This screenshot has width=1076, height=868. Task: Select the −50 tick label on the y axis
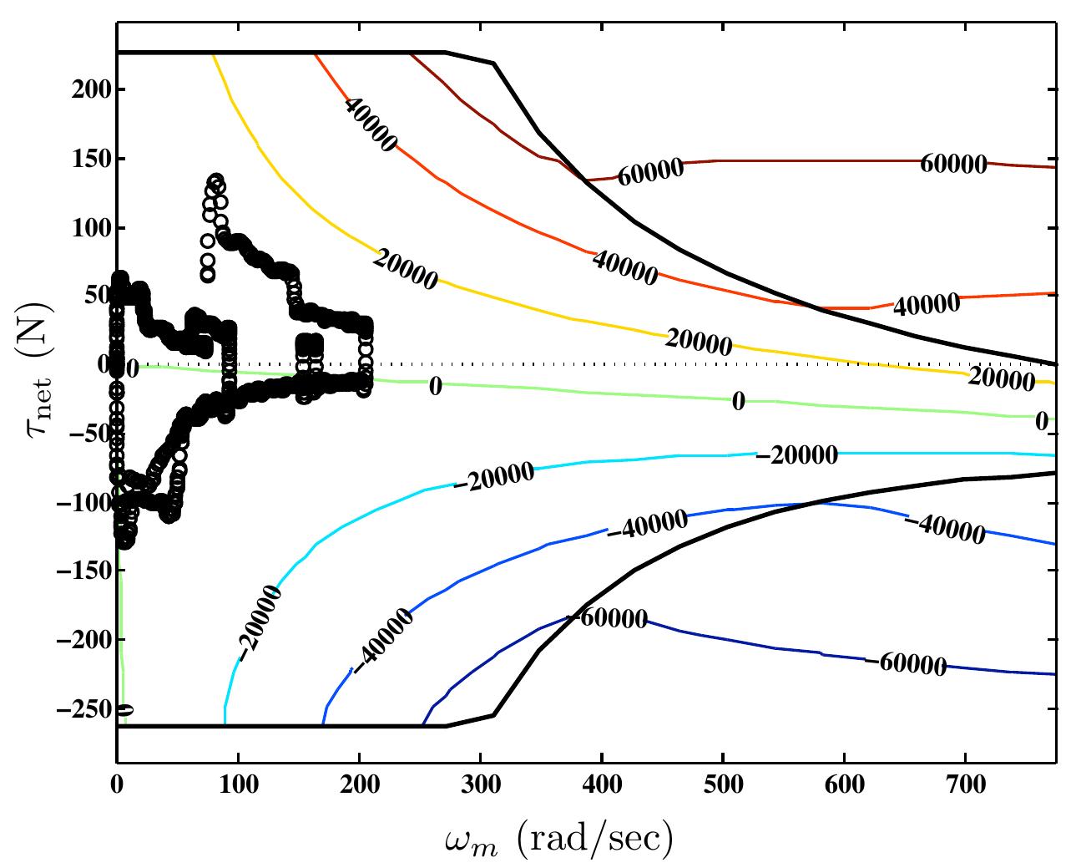[88, 433]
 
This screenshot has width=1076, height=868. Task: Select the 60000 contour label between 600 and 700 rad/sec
[953, 164]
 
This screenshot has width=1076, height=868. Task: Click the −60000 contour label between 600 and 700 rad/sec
[905, 664]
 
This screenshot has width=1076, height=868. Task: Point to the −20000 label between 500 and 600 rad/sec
[796, 455]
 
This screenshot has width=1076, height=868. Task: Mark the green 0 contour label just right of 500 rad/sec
[738, 402]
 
